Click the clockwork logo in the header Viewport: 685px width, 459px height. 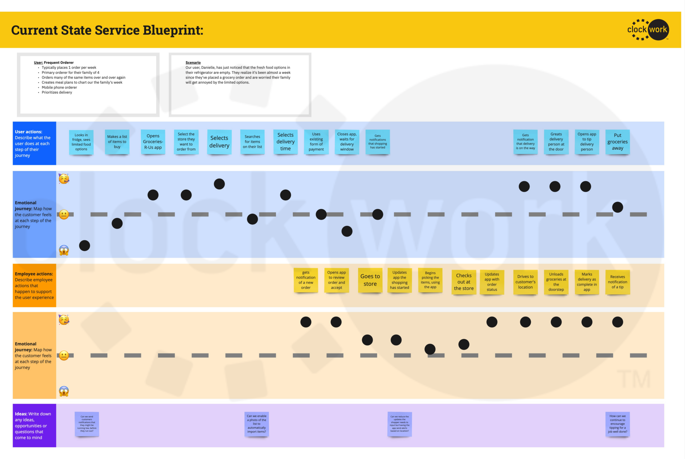(648, 30)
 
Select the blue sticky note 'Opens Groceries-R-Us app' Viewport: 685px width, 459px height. (153, 142)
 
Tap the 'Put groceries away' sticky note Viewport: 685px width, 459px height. (617, 142)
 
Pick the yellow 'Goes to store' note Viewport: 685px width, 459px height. (370, 280)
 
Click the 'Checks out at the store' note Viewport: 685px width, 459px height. (464, 282)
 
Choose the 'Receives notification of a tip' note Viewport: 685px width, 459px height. (617, 282)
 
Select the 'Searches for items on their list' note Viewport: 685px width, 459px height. (252, 142)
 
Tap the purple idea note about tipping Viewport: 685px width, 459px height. (617, 424)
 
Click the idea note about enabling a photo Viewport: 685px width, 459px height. (257, 424)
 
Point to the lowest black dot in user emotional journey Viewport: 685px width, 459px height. (85, 245)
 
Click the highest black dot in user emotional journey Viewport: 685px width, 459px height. (219, 184)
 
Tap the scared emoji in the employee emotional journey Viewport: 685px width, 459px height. (64, 391)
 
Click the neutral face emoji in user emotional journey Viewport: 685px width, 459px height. (64, 214)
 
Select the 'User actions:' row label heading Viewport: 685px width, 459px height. (28, 132)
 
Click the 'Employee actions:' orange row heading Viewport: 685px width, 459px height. (34, 274)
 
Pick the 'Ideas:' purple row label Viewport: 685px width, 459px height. (21, 414)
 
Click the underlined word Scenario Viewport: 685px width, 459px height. (193, 63)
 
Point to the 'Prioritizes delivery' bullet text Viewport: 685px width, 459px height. (57, 92)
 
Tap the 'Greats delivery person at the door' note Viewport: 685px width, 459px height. (556, 142)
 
